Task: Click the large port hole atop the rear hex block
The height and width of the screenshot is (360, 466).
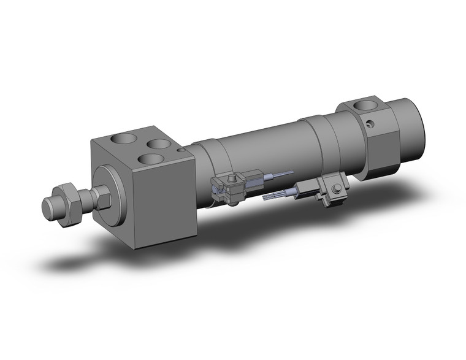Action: pos(369,105)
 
